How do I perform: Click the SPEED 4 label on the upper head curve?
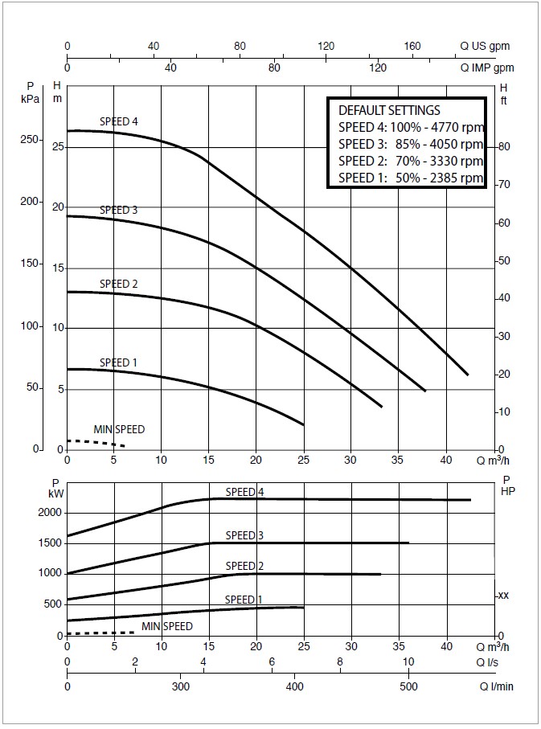pyautogui.click(x=119, y=121)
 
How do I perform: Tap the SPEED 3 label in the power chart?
pyautogui.click(x=244, y=535)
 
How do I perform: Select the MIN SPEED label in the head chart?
pyautogui.click(x=119, y=429)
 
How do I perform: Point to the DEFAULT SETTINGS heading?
pyautogui.click(x=389, y=110)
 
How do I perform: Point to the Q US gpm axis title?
pyautogui.click(x=485, y=47)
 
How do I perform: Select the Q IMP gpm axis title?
pyautogui.click(x=486, y=68)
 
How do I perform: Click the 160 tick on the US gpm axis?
pyautogui.click(x=412, y=47)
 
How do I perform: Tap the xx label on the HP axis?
pyautogui.click(x=503, y=596)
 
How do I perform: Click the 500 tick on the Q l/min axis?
pyautogui.click(x=409, y=687)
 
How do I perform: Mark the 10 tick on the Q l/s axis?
pyautogui.click(x=409, y=662)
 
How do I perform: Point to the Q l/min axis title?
pyautogui.click(x=497, y=687)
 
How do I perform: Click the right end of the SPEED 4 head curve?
pyautogui.click(x=467, y=374)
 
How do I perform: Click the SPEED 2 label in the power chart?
pyautogui.click(x=244, y=566)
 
